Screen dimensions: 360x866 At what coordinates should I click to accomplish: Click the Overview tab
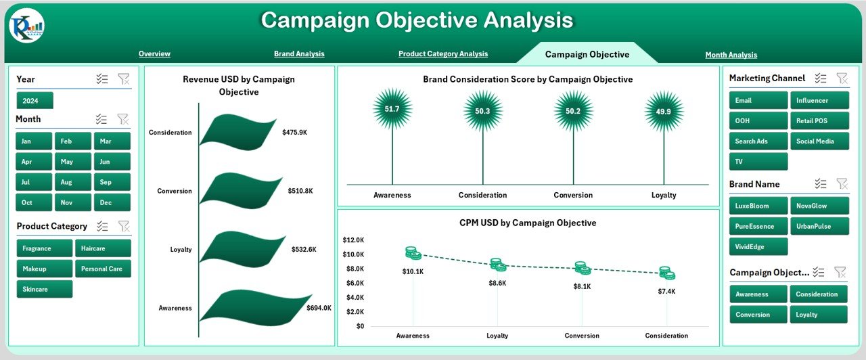click(x=154, y=54)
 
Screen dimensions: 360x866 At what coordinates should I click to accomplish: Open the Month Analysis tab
click(x=731, y=55)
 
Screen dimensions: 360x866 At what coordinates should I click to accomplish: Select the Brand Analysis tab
click(x=299, y=54)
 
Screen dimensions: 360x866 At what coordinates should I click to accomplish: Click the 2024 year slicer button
click(x=35, y=101)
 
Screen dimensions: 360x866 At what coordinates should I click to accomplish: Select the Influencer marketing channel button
click(x=819, y=101)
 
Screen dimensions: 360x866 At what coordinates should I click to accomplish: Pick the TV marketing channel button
click(x=758, y=162)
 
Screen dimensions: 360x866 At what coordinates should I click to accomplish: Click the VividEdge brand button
click(x=758, y=247)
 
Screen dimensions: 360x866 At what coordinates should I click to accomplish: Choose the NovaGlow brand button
click(x=819, y=206)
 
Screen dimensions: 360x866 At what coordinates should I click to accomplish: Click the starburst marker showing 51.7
click(x=392, y=110)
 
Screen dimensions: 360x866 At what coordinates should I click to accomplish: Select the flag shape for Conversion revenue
click(x=241, y=191)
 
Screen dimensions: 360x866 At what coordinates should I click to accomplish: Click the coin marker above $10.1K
click(x=413, y=253)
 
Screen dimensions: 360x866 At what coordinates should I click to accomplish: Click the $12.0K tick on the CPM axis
click(x=353, y=240)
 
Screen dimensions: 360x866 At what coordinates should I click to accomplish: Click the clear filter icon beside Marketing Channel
click(x=842, y=78)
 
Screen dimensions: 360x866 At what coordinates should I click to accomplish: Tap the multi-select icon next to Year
click(x=102, y=79)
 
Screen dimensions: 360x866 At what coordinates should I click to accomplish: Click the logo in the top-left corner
click(x=27, y=26)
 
